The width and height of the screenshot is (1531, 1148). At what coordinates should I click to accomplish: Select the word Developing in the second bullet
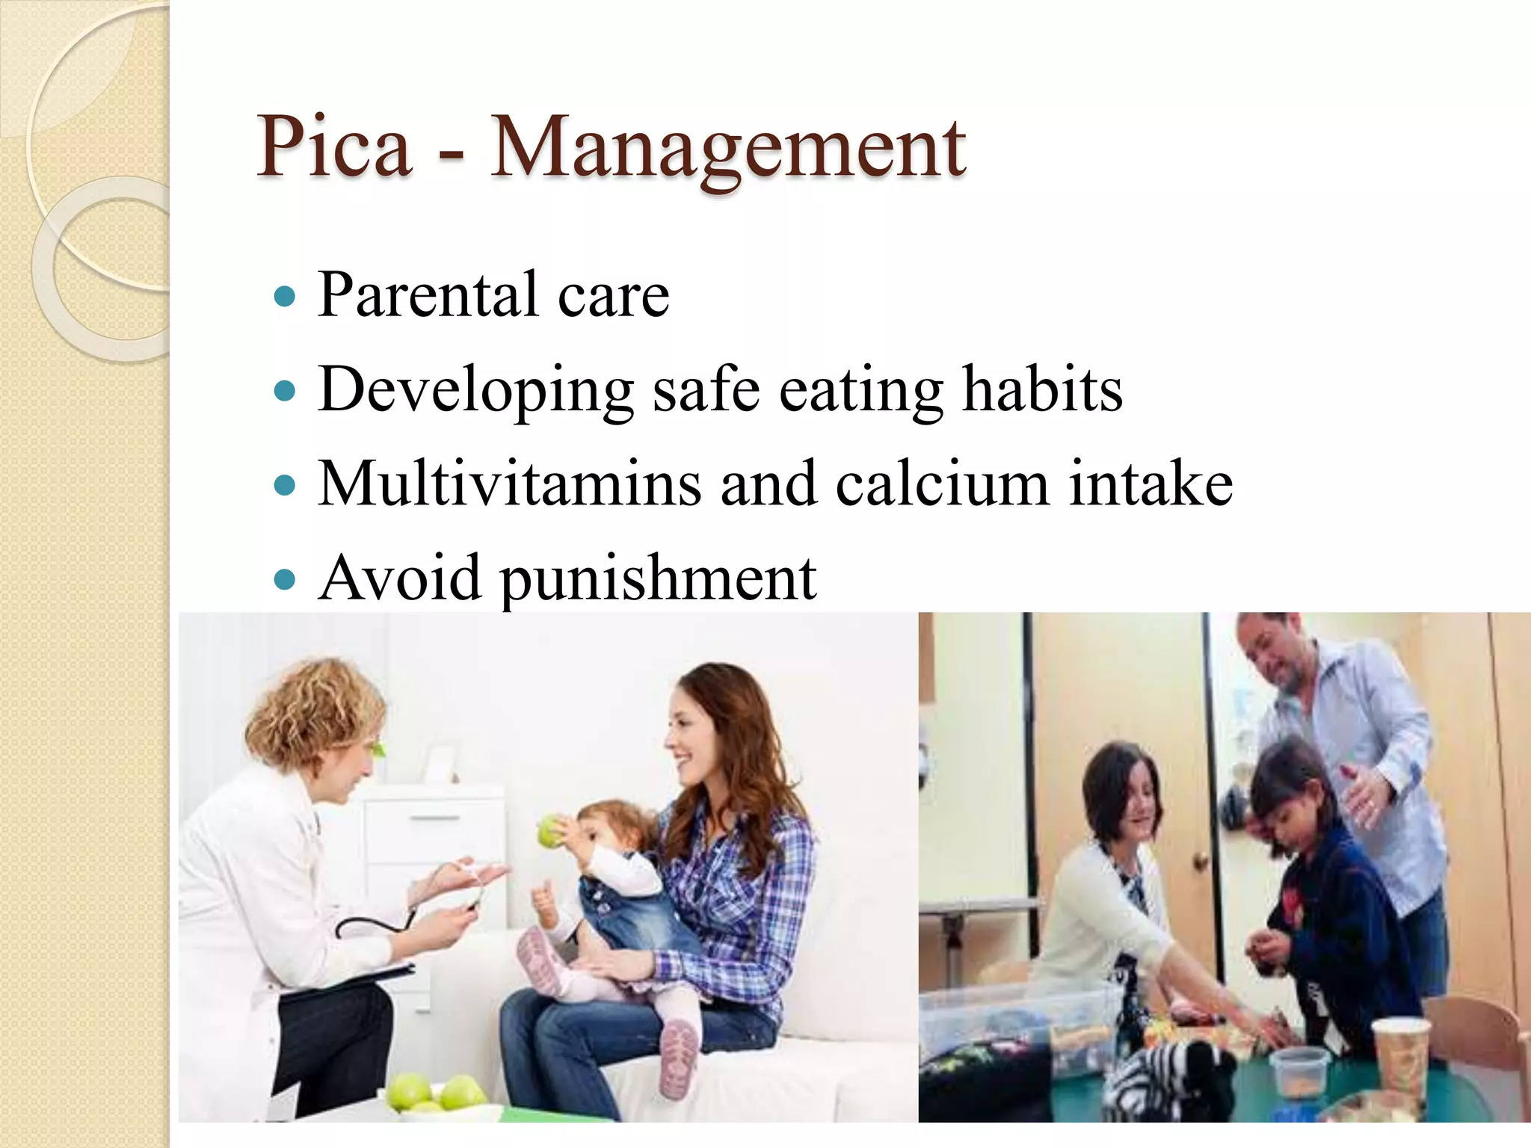pyautogui.click(x=476, y=390)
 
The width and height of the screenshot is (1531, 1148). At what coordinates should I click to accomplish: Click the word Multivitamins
pyautogui.click(x=509, y=484)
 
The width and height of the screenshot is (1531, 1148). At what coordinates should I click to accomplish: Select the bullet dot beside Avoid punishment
pyautogui.click(x=285, y=579)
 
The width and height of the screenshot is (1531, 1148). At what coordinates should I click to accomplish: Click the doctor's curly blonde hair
pyautogui.click(x=314, y=710)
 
